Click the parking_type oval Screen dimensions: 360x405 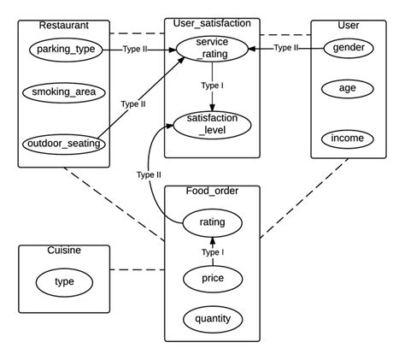(66, 50)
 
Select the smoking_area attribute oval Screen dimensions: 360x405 (66, 91)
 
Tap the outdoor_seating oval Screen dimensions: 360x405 (65, 143)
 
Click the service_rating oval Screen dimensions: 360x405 (211, 48)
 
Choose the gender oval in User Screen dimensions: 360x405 (349, 48)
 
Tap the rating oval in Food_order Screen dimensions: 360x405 (212, 222)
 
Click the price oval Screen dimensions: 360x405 (212, 279)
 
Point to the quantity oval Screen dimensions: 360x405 (212, 319)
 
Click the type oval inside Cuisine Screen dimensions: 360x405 (64, 282)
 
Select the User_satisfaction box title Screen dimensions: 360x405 (211, 25)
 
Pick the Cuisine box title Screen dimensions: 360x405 (44, 251)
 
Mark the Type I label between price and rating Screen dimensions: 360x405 (212, 252)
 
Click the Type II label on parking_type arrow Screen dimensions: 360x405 (135, 50)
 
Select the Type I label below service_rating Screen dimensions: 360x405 (212, 86)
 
